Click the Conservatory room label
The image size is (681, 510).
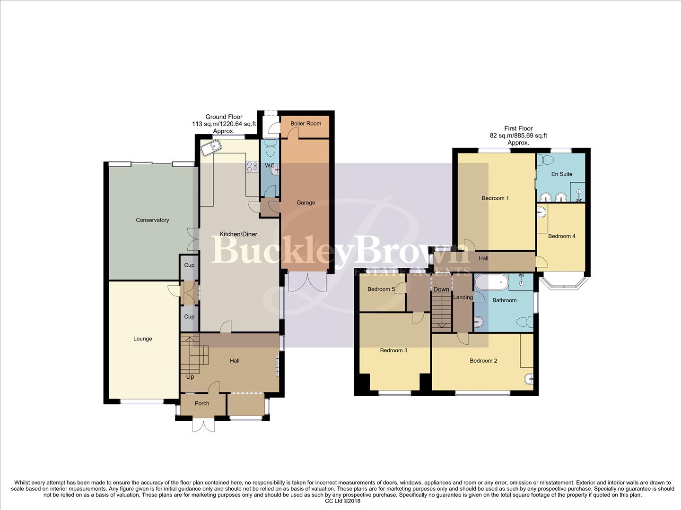click(x=152, y=220)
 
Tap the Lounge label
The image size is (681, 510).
click(x=142, y=339)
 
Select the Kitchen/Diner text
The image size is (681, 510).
click(x=238, y=234)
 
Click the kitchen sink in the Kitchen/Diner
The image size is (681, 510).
click(x=210, y=148)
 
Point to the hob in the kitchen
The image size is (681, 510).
click(x=252, y=166)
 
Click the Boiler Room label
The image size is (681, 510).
click(x=306, y=123)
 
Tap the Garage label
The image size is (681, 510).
click(x=306, y=203)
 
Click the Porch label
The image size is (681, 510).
click(x=202, y=403)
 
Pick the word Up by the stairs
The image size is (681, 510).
click(x=190, y=377)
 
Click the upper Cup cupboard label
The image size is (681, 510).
click(x=189, y=265)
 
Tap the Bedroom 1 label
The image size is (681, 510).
click(x=495, y=198)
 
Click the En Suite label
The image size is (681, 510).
click(x=562, y=174)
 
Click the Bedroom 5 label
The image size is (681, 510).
click(x=381, y=289)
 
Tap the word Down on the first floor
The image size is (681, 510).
click(x=441, y=289)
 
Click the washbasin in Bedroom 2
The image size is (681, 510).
click(x=529, y=379)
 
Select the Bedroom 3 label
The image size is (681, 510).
click(x=393, y=350)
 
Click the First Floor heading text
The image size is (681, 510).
click(x=518, y=128)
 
